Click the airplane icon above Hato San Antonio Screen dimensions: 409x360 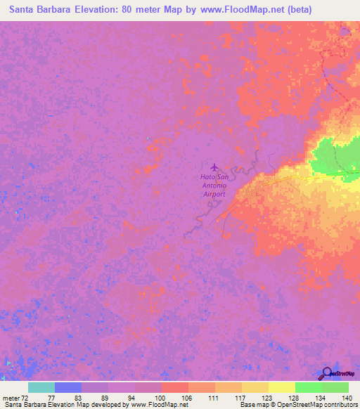(x=214, y=167)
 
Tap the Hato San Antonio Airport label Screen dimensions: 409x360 (x=214, y=186)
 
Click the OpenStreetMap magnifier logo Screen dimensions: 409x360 (x=328, y=373)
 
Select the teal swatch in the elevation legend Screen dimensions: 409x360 (x=41, y=387)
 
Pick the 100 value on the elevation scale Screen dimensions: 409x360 (x=161, y=397)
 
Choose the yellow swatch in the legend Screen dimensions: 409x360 (x=281, y=387)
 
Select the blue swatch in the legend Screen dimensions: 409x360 (x=67, y=387)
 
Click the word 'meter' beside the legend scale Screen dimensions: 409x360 (x=9, y=397)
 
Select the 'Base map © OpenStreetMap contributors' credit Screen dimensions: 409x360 (x=297, y=405)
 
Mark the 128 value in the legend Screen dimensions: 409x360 (x=295, y=397)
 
